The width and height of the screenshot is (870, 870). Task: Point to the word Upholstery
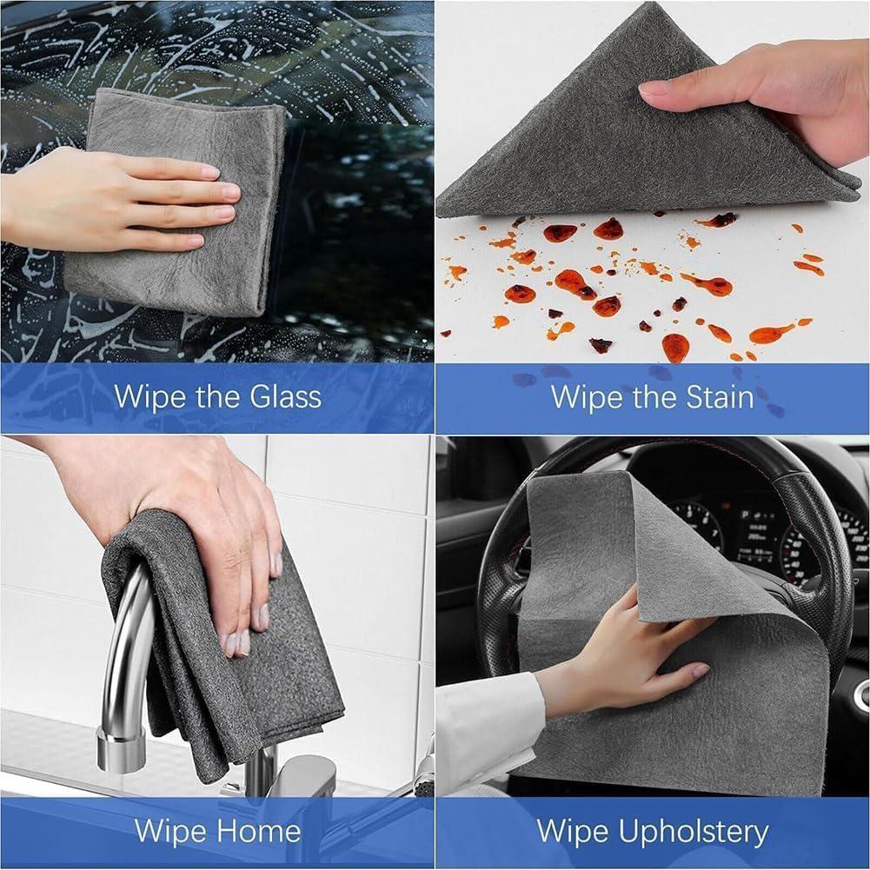point(694,832)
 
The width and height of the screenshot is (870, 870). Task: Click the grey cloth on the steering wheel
point(591,556)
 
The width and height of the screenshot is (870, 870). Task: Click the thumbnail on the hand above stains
point(654,88)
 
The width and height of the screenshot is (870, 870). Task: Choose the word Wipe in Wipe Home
point(167,831)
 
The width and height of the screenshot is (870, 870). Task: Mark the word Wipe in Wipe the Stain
point(581,397)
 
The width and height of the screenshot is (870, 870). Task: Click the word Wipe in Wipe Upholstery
point(570,832)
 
